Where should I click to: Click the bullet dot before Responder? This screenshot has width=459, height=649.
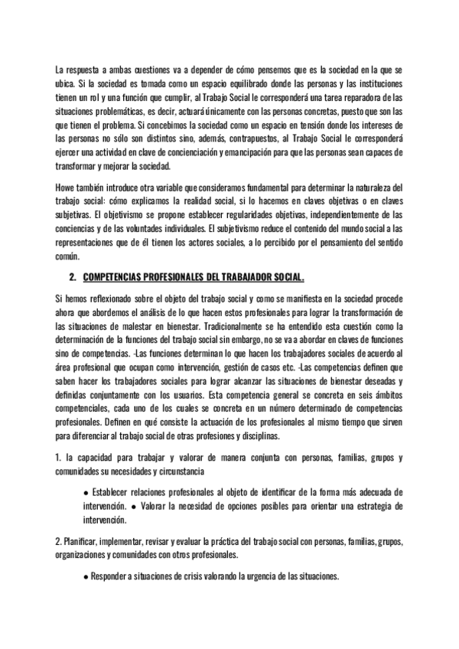86,576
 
